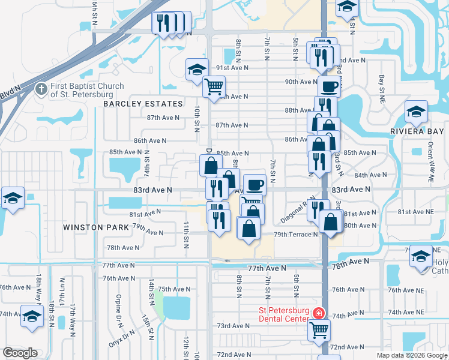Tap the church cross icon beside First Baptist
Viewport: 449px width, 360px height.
41,89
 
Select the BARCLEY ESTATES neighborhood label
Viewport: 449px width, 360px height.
142,104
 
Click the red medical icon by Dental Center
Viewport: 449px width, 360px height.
318,313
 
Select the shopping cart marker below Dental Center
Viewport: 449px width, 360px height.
319,329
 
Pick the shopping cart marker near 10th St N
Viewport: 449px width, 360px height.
214,87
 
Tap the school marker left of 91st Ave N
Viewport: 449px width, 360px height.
197,69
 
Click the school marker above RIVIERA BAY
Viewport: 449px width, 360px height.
415,111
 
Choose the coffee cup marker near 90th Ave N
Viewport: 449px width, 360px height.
328,86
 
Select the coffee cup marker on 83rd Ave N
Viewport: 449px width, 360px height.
255,184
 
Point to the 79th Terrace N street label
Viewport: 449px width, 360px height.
295,235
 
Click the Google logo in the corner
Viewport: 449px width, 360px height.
20,353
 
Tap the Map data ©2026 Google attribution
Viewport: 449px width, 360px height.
411,355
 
